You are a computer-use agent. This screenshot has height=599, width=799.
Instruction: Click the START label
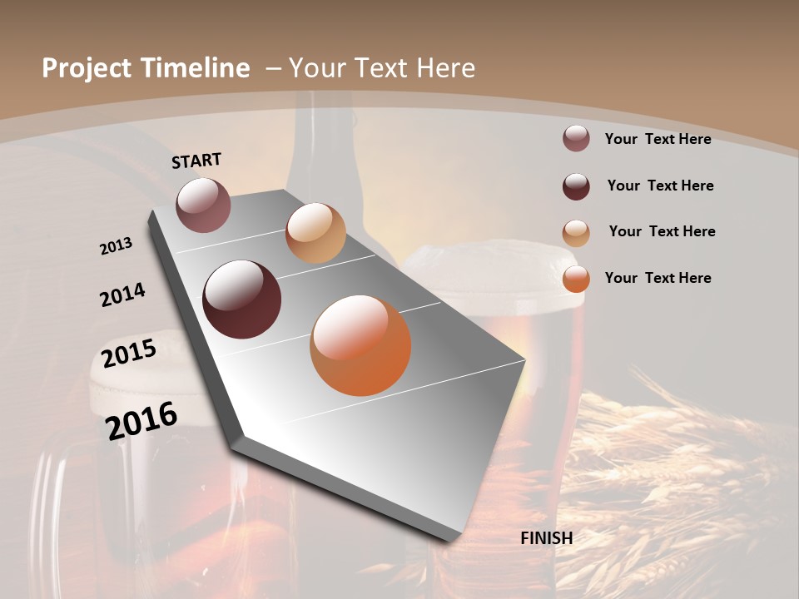(196, 160)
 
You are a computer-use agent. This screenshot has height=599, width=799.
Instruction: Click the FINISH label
(547, 538)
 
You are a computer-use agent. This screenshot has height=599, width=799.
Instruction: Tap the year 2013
(116, 246)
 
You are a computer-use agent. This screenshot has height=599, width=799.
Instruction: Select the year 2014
(122, 295)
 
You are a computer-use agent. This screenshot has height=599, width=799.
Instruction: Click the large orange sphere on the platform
(360, 345)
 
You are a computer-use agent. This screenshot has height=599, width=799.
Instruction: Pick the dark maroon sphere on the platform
(242, 299)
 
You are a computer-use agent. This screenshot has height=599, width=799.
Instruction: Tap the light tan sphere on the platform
(315, 233)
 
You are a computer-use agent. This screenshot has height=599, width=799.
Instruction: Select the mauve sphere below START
(203, 205)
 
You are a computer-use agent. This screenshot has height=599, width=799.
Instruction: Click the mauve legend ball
(576, 139)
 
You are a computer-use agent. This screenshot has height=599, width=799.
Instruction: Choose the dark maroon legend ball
(576, 186)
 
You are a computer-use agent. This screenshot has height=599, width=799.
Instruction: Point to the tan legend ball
(576, 233)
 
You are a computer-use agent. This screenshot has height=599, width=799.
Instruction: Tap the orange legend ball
(576, 279)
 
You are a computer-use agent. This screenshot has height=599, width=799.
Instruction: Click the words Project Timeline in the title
(146, 68)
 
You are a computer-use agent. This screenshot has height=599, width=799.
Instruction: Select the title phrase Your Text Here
(382, 68)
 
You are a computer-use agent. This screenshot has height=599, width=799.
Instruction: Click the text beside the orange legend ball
(658, 278)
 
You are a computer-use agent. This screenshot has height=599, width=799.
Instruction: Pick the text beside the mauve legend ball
(658, 139)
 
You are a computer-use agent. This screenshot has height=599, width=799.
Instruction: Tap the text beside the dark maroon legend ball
(660, 186)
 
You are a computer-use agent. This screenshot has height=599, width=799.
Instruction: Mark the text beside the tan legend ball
(662, 231)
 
